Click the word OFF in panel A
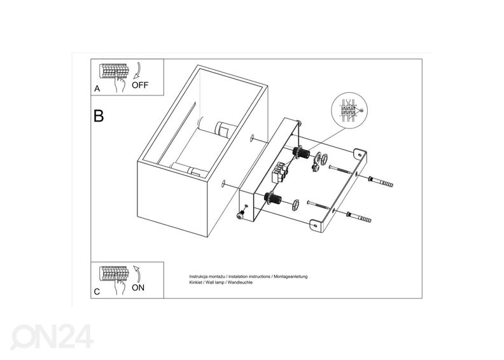(140, 85)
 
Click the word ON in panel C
(138, 287)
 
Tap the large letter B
(99, 116)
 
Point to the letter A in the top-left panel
(97, 88)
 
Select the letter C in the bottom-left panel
(97, 292)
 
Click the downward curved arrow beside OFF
(137, 71)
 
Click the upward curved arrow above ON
(138, 273)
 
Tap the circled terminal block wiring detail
(349, 110)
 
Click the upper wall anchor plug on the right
(381, 181)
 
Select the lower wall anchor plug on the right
(359, 218)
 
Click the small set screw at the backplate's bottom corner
(239, 216)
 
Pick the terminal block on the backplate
(279, 173)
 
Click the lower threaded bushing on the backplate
(272, 198)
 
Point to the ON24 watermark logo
(52, 336)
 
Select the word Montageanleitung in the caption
(291, 277)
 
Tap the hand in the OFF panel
(120, 83)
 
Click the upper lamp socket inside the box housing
(222, 129)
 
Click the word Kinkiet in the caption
(195, 282)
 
